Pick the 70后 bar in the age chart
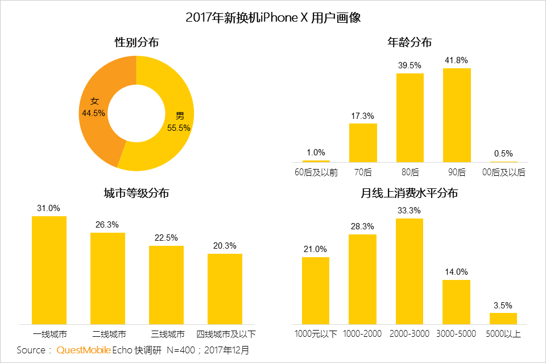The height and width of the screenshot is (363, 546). coord(363,142)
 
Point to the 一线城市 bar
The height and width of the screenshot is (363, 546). coord(49,270)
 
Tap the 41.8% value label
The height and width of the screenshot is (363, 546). coord(457,60)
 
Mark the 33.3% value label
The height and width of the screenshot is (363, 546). coord(409,211)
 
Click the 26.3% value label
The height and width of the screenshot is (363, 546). coord(107,225)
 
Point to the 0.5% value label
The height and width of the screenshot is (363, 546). coord(503,153)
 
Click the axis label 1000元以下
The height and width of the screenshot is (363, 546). coord(316,333)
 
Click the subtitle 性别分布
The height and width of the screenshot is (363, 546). coord(136,42)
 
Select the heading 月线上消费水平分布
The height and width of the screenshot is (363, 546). coord(409,193)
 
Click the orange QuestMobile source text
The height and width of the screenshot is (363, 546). coord(83,349)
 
